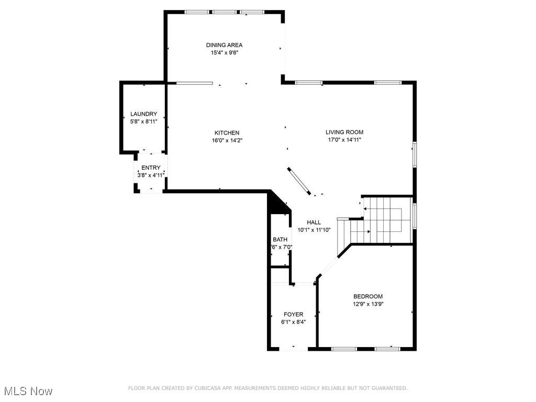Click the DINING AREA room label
coord(224,45)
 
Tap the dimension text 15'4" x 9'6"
coord(224,53)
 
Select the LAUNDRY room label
coord(143,114)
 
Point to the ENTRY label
coord(151,168)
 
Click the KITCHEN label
coord(227,133)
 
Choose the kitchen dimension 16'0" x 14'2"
coord(227,140)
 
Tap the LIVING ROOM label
coord(344,132)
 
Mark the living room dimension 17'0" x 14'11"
coord(344,140)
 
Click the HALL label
coord(314,222)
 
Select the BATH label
coord(280,240)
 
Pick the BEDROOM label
coord(368,296)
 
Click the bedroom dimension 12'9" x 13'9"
coord(368,304)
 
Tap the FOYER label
coord(293,315)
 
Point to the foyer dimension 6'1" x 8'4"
coord(293,322)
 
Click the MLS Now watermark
coord(28,391)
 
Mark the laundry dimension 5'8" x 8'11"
coord(143,121)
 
